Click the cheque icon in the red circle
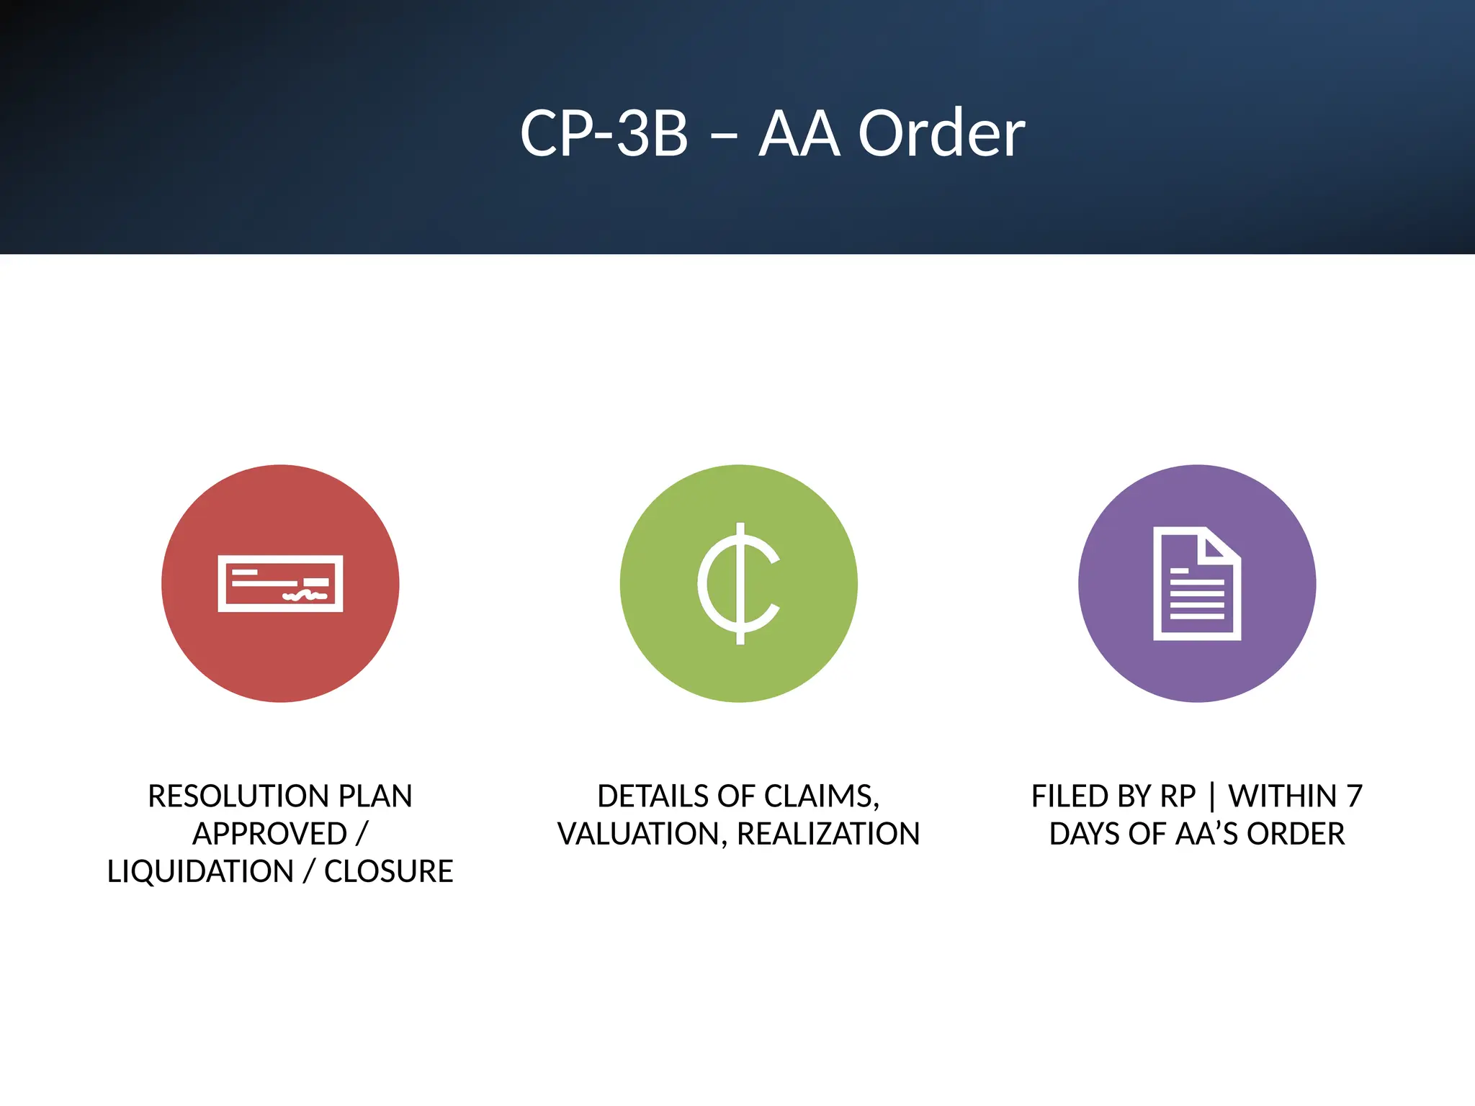coord(280,583)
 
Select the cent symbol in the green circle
coord(739,583)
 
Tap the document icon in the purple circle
coord(1196,583)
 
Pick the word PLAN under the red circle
coord(375,796)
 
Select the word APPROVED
coord(269,834)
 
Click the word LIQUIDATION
coord(200,871)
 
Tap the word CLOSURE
coord(388,871)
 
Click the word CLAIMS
coord(821,796)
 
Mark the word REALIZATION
coord(828,834)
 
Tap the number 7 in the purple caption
coord(1354,796)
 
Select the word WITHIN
coord(1282,796)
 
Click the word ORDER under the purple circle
coord(1296,834)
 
